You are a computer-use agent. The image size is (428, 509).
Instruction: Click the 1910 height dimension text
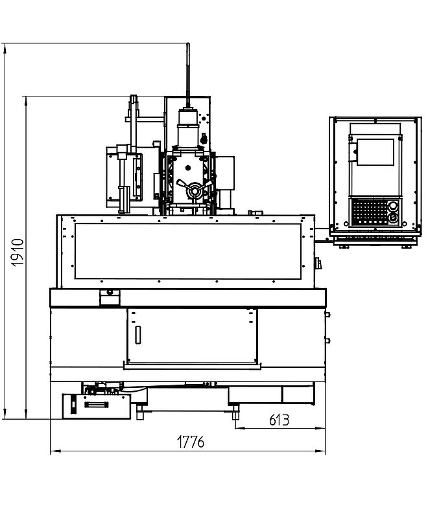(17, 253)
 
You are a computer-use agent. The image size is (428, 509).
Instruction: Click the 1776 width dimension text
(191, 442)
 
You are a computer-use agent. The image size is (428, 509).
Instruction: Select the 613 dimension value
(279, 420)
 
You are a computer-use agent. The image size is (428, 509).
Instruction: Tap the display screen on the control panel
(375, 152)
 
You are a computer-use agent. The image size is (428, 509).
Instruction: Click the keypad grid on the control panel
(370, 212)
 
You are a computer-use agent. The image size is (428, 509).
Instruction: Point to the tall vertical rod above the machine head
(188, 75)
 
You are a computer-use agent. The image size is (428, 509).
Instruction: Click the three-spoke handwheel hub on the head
(195, 190)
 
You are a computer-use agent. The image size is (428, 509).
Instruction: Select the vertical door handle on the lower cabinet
(137, 335)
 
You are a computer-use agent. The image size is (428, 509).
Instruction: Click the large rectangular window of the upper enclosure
(188, 251)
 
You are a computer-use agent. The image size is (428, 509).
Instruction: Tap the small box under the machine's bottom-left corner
(97, 407)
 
